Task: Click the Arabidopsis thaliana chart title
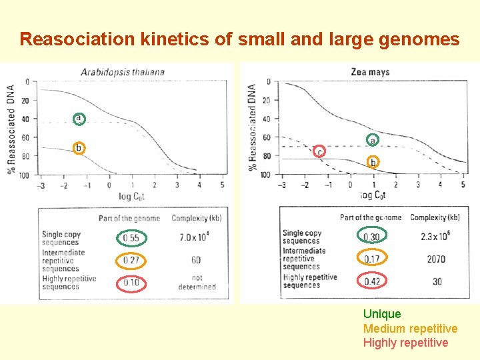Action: pos(122,71)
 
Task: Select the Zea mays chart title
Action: pos(370,72)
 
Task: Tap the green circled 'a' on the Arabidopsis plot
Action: pos(79,119)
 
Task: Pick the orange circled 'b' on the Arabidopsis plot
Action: pos(79,147)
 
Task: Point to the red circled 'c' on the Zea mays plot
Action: pos(320,152)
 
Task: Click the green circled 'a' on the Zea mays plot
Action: pos(373,140)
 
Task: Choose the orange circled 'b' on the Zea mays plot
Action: pos(373,162)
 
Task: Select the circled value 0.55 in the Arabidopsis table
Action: pos(131,238)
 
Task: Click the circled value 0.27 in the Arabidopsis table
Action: pos(131,260)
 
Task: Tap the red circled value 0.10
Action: pos(131,283)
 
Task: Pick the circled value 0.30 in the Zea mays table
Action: pos(371,237)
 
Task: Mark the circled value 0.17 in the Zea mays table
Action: pos(371,259)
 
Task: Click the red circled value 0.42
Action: pos(371,281)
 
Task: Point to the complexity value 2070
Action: pos(436,259)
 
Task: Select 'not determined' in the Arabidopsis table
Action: pos(197,283)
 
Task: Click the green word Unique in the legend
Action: pos(382,314)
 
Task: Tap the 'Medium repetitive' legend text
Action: pos(410,329)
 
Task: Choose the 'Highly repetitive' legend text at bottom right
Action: pos(405,343)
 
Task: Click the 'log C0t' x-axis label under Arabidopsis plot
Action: pos(131,197)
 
